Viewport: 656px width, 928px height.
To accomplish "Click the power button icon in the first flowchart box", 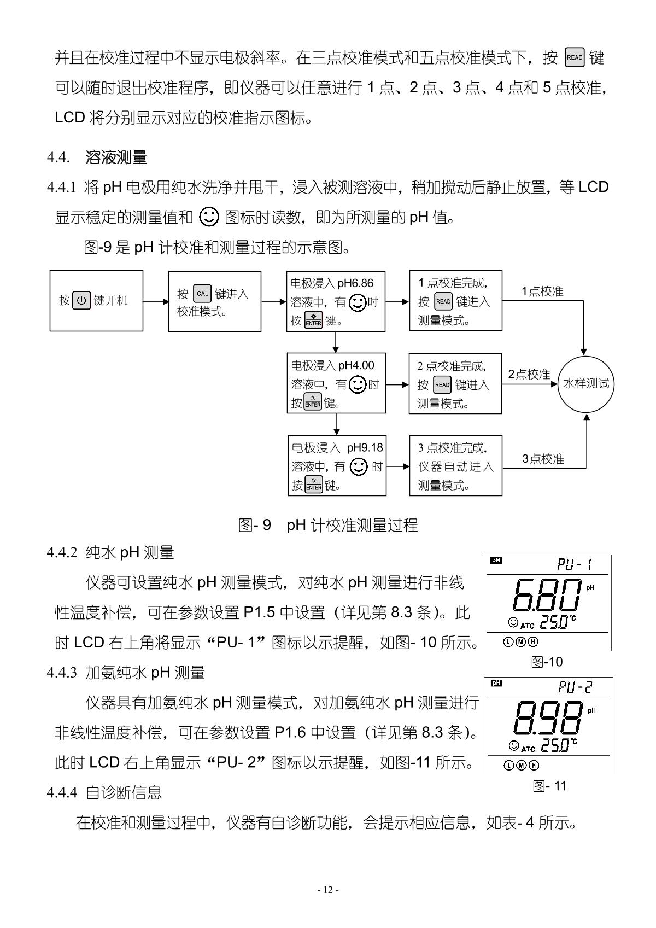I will pyautogui.click(x=81, y=301).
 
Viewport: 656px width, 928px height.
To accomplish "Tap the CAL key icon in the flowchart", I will pyautogui.click(x=202, y=294).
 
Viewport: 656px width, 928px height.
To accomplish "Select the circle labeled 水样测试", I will pyautogui.click(x=586, y=383).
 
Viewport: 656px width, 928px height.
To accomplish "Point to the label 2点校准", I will pyautogui.click(x=529, y=375).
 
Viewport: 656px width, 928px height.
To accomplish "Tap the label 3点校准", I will pyautogui.click(x=542, y=459).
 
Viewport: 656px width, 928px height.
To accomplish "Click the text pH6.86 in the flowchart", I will pyautogui.click(x=355, y=283).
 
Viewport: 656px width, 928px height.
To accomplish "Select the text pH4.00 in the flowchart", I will pyautogui.click(x=356, y=365).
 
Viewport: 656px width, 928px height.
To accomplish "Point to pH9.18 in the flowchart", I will pyautogui.click(x=365, y=448).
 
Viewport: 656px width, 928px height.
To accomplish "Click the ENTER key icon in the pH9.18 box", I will pyautogui.click(x=314, y=485).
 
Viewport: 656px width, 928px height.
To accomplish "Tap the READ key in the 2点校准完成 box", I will pyautogui.click(x=442, y=385).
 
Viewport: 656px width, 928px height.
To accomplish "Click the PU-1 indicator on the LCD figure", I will pyautogui.click(x=575, y=564).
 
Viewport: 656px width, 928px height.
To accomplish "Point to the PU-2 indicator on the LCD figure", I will pyautogui.click(x=576, y=687).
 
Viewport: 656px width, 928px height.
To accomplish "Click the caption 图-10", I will pyautogui.click(x=547, y=662).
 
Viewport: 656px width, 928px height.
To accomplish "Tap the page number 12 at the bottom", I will pyautogui.click(x=328, y=890).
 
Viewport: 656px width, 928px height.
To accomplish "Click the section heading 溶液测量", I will pyautogui.click(x=116, y=158).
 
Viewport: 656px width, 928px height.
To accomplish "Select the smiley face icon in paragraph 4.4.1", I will pyautogui.click(x=209, y=217).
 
